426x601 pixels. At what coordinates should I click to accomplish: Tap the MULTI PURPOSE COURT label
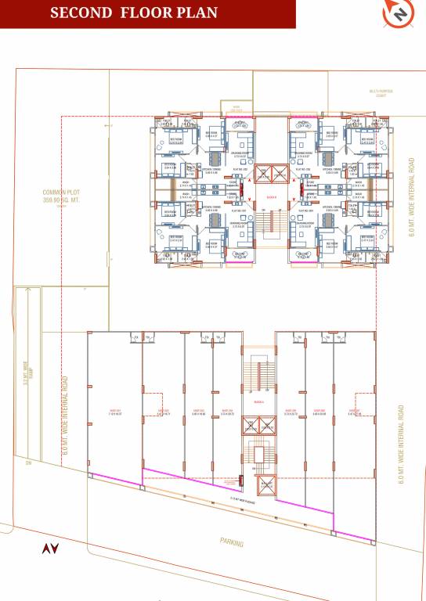381,93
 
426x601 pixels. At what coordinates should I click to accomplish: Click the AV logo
50,549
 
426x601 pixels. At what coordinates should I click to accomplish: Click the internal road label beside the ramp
65,415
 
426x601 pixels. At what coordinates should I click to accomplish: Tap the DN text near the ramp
27,463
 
